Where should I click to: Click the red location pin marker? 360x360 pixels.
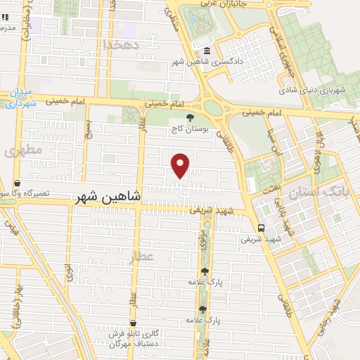click(181, 165)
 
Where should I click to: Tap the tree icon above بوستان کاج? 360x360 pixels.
click(188, 117)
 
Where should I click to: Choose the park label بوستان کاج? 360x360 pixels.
click(185, 130)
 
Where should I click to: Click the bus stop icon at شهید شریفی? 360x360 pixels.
click(261, 227)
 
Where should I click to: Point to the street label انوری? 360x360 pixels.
click(69, 271)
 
